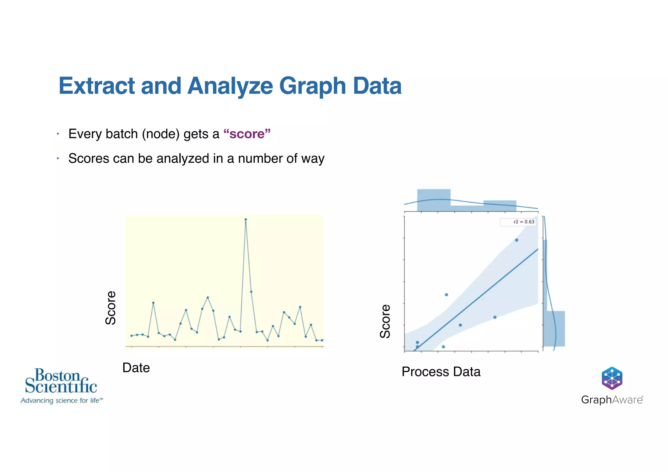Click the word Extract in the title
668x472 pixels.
click(x=97, y=86)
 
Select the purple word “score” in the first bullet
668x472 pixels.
click(x=247, y=134)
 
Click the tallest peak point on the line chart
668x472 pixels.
click(x=246, y=219)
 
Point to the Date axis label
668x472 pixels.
click(x=136, y=368)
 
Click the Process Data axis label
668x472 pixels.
click(x=441, y=372)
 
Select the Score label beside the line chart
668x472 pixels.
click(x=111, y=308)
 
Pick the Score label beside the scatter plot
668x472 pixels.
click(x=385, y=321)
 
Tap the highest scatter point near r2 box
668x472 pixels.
click(x=517, y=240)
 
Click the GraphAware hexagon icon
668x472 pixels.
click(x=612, y=378)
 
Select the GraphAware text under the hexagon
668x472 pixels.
click(x=612, y=400)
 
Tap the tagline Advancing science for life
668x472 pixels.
click(x=62, y=401)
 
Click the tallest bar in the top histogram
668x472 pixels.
click(x=433, y=200)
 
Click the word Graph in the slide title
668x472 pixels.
click(x=312, y=86)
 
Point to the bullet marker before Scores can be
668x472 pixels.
click(x=58, y=158)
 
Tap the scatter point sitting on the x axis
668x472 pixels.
click(x=443, y=347)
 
